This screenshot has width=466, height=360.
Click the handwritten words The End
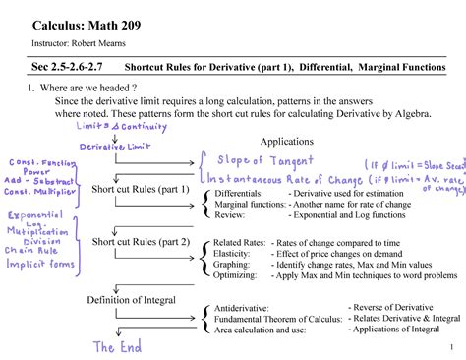pos(117,346)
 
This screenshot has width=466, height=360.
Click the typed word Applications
pos(286,141)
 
